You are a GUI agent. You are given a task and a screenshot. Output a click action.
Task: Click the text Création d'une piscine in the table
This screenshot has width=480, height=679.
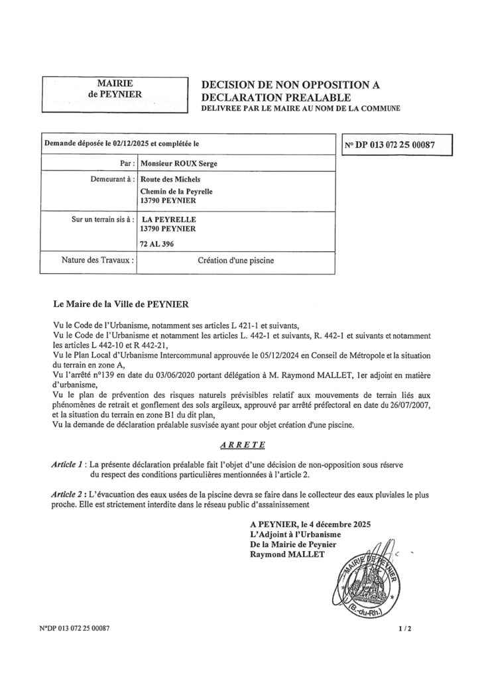(235, 261)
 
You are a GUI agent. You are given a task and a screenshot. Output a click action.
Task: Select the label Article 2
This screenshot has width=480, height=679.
(69, 494)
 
